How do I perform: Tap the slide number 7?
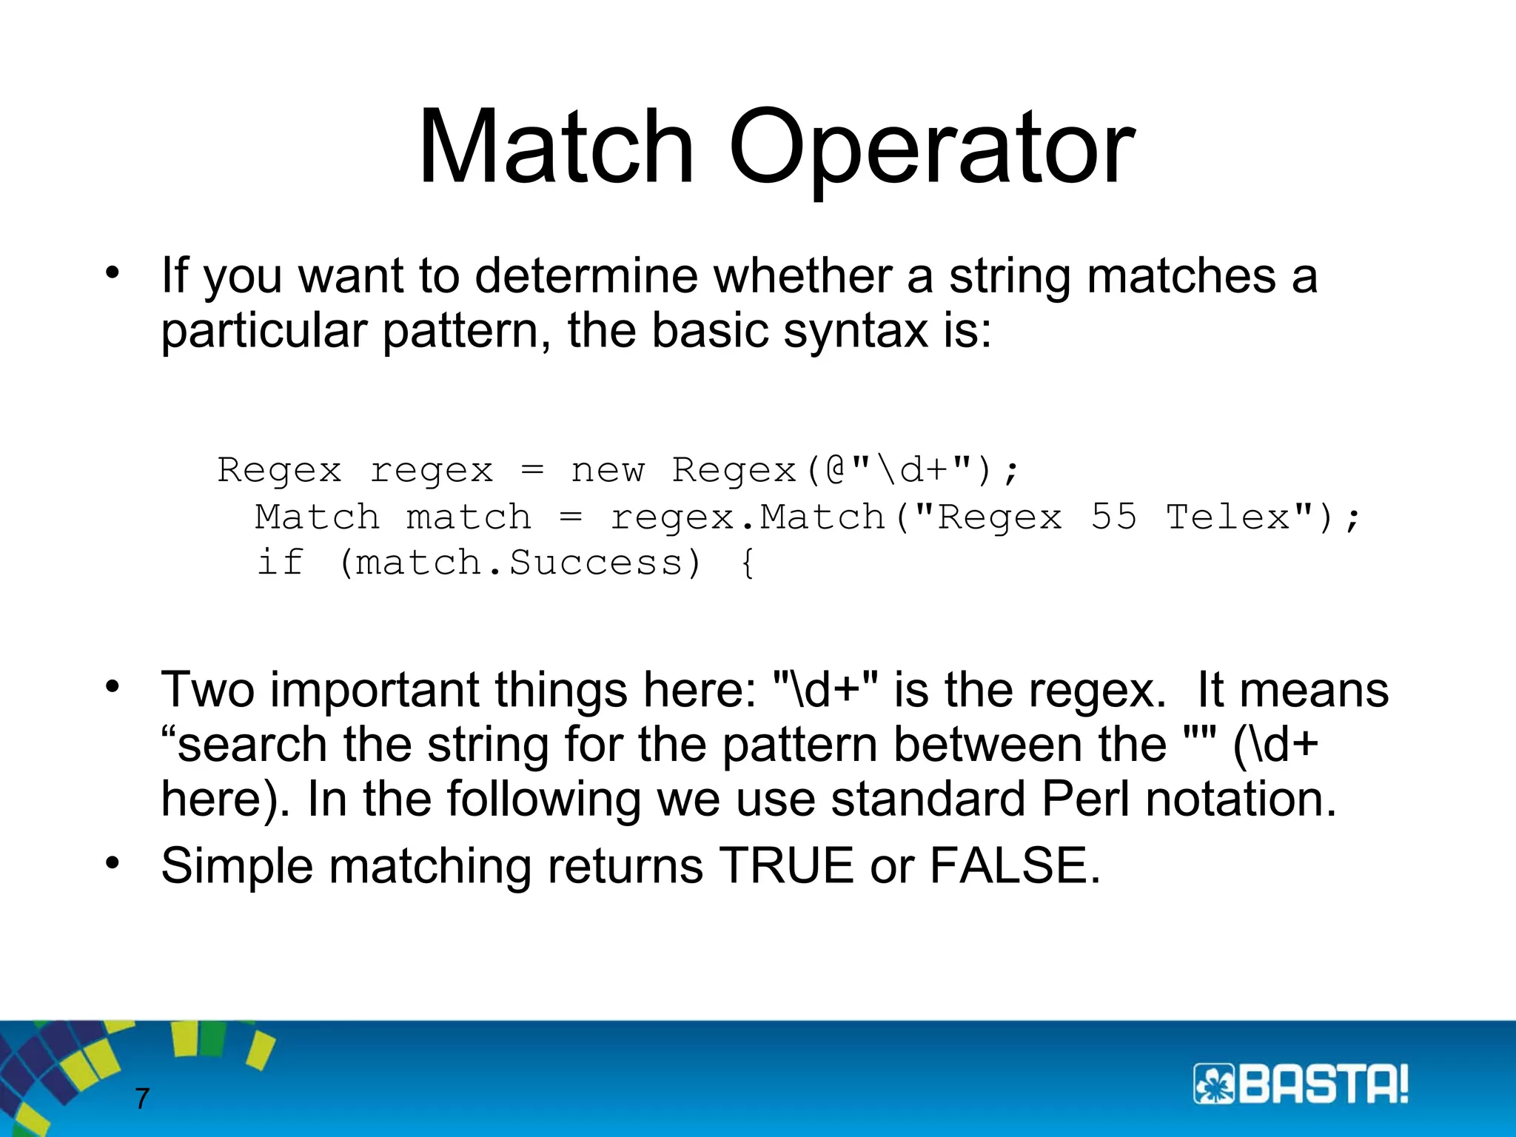(x=142, y=1099)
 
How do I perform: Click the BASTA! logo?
(x=1301, y=1085)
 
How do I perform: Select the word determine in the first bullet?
(x=586, y=275)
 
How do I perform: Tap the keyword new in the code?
(x=608, y=470)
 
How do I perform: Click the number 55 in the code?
(x=1113, y=517)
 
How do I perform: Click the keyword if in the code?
(x=280, y=563)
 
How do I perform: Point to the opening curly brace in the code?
(x=748, y=564)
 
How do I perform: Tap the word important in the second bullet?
(x=375, y=690)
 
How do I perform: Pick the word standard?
(x=928, y=799)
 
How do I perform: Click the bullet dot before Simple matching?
(x=112, y=863)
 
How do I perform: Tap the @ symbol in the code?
(x=836, y=470)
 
